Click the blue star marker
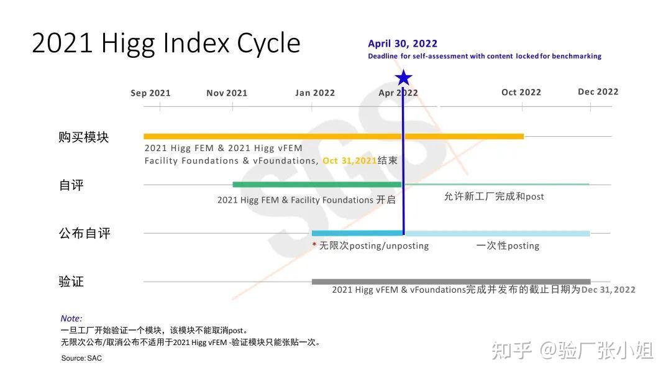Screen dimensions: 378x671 [404, 78]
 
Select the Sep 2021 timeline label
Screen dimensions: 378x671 [150, 93]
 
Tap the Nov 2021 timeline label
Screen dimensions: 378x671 [227, 93]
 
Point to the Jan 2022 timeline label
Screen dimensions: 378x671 [315, 93]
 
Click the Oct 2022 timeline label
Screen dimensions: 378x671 [521, 93]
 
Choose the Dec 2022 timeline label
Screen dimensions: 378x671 [598, 92]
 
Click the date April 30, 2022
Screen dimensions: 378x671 [403, 44]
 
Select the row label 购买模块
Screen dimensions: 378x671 [84, 137]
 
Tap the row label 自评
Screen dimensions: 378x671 [71, 185]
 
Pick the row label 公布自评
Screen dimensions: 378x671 [84, 234]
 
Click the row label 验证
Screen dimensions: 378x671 [71, 282]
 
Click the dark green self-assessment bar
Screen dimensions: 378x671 [317, 185]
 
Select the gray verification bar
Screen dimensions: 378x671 [451, 282]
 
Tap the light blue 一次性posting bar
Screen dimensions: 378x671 [497, 234]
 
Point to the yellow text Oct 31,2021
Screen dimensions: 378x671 [350, 161]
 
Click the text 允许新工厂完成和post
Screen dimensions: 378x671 [494, 196]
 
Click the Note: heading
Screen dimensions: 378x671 [71, 318]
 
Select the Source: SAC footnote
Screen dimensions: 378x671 [81, 358]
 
